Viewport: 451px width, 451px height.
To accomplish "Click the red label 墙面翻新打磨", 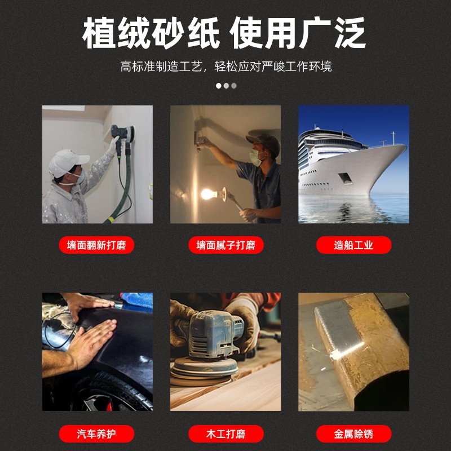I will tap(96, 245).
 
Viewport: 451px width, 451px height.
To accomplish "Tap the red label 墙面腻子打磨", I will tap(225, 245).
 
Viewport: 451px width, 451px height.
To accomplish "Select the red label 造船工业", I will tap(353, 245).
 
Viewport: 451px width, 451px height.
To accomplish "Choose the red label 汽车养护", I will tap(96, 434).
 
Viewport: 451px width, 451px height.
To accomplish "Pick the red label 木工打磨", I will tap(225, 434).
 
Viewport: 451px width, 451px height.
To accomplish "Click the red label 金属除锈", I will tap(353, 434).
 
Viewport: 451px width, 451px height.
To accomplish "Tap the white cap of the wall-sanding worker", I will tap(67, 161).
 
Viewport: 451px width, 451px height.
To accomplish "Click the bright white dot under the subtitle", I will tap(219, 86).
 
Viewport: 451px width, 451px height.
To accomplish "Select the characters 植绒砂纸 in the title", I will tap(150, 34).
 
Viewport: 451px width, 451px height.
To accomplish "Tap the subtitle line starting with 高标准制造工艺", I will tap(225, 67).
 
